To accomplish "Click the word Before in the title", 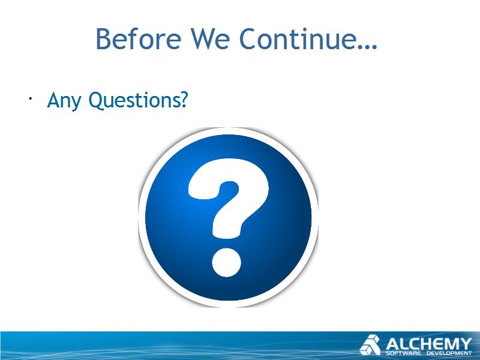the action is tap(139, 39).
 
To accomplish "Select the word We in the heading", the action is tap(211, 39).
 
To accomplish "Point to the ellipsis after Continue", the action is tap(365, 47).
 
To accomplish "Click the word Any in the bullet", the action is tap(64, 101).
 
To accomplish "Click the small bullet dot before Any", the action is tap(31, 98).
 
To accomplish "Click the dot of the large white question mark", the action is tap(227, 262).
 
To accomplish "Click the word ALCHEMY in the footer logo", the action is tap(428, 344).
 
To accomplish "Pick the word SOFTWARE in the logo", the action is tap(403, 353).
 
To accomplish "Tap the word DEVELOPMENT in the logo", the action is tap(449, 353).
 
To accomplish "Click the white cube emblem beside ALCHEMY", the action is tap(370, 345).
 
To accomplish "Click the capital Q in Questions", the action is tap(97, 101).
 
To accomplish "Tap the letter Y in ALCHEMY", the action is tap(466, 344).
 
